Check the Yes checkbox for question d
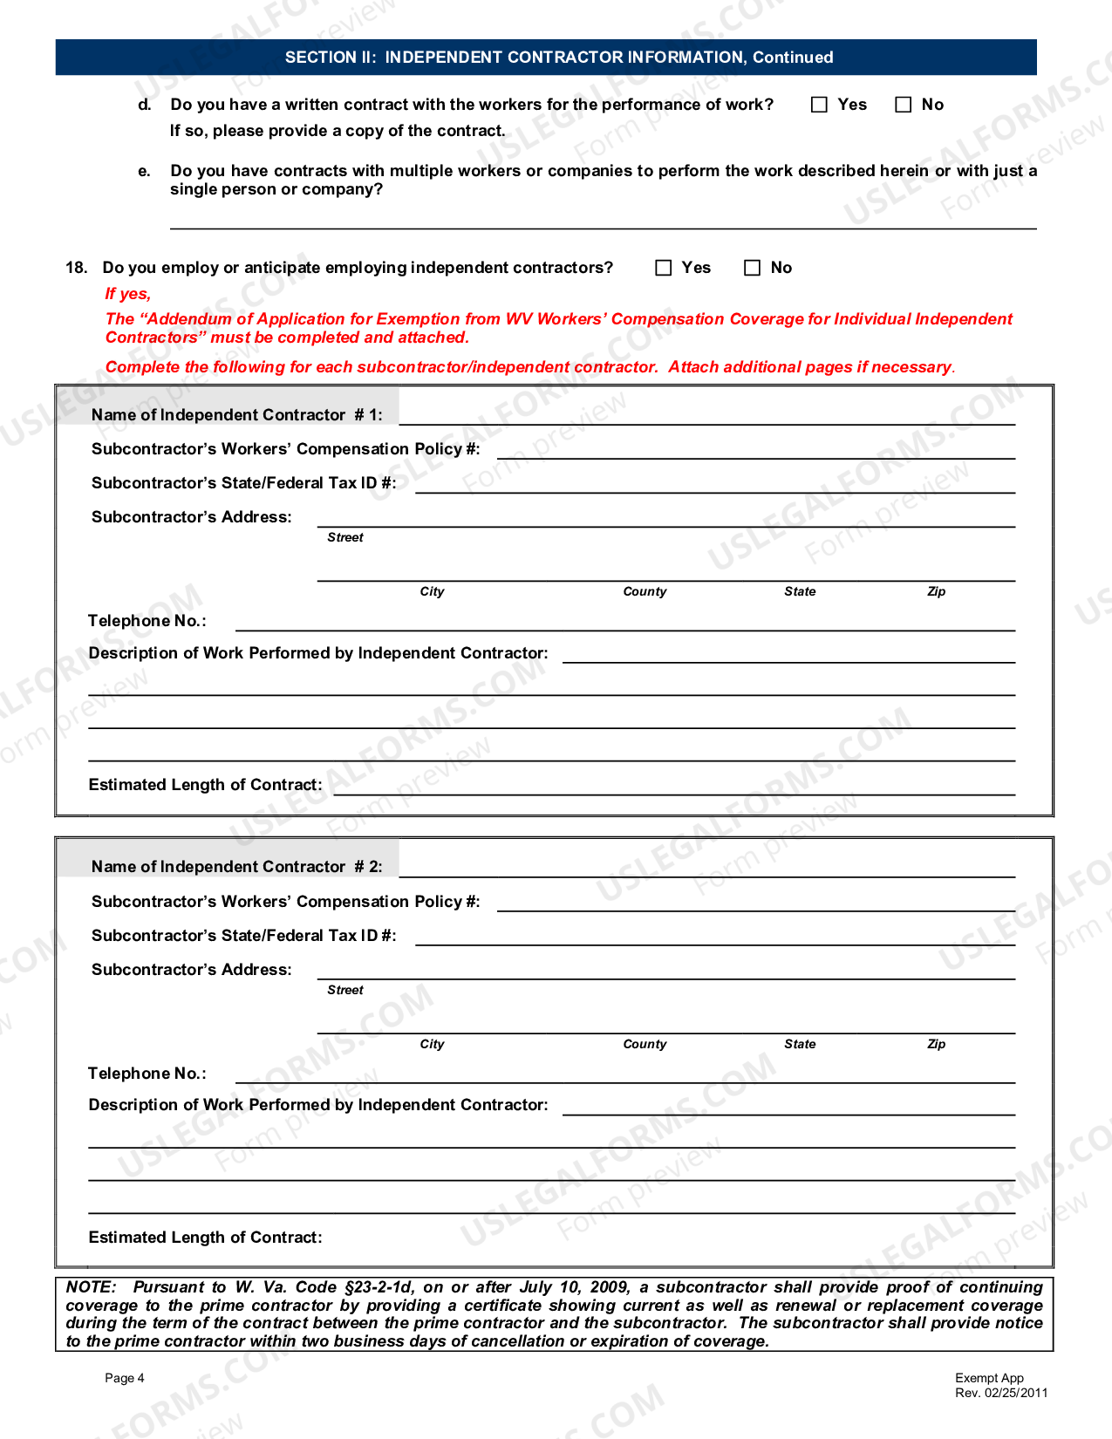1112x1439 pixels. tap(819, 105)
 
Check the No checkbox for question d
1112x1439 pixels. tap(904, 105)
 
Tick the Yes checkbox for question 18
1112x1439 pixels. tap(664, 268)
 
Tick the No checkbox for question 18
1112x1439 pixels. tap(752, 268)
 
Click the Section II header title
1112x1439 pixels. tap(559, 58)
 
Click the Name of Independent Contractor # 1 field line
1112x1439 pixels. tap(706, 416)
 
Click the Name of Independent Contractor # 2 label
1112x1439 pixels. tap(236, 867)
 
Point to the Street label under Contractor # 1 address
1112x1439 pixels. tap(345, 538)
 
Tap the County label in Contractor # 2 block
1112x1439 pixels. tap(645, 1044)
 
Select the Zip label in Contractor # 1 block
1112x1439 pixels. tap(936, 591)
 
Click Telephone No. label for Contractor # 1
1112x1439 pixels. tap(147, 621)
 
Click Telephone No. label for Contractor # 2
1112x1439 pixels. tap(147, 1074)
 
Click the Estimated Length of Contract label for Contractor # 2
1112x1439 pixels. tap(205, 1238)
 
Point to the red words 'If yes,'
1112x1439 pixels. tap(128, 294)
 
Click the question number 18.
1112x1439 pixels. tap(76, 268)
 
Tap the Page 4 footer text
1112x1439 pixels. tap(125, 1378)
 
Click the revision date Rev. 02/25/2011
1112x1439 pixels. tap(1001, 1393)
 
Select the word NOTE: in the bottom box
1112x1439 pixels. tap(91, 1287)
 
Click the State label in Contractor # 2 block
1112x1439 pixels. tap(800, 1044)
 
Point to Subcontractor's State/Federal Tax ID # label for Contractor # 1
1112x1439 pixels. tap(243, 483)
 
